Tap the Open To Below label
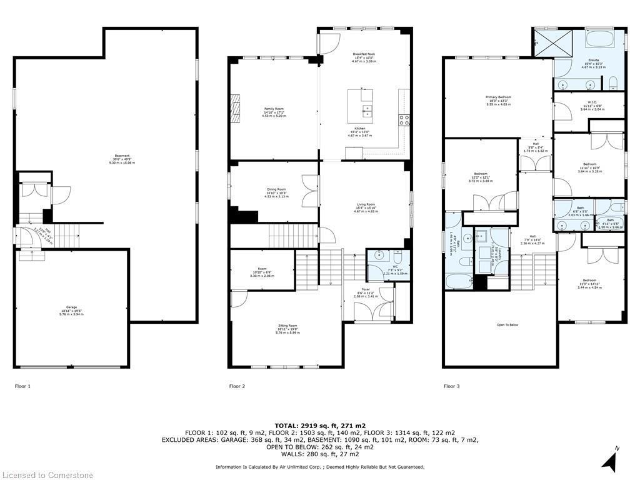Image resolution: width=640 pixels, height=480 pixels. [507, 325]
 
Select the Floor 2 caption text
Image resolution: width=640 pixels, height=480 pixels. [237, 386]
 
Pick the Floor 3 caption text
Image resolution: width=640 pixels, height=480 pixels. [451, 386]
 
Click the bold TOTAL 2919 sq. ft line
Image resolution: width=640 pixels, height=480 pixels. [319, 424]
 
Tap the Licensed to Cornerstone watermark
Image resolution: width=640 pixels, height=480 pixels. [47, 476]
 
